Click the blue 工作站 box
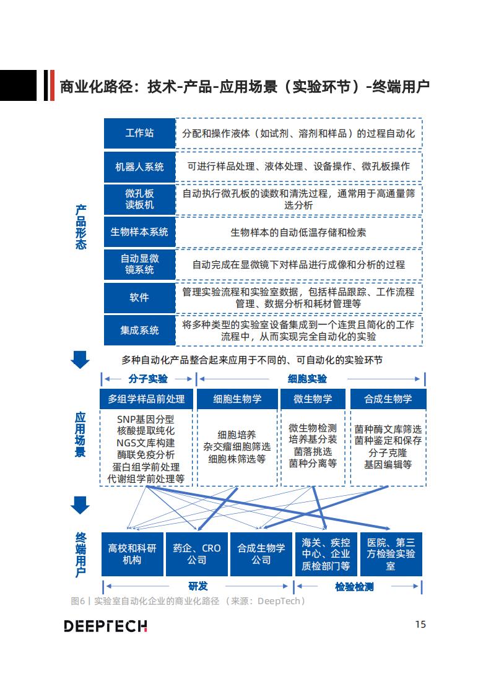140,133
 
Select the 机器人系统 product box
140,167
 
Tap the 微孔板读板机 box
140,199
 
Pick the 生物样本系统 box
140,232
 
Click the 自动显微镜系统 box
140,264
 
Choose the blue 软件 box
140,297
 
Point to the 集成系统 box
140,331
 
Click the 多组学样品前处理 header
146,399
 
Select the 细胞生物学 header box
238,399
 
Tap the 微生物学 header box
313,399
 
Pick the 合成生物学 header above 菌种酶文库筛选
388,399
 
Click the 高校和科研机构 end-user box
132,554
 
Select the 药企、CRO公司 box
196,554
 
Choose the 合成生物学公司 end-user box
261,554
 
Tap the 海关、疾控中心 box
326,554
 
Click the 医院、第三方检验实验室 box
391,554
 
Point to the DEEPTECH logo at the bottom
105,626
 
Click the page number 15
420,624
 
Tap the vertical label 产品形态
80,227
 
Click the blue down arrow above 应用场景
80,360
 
